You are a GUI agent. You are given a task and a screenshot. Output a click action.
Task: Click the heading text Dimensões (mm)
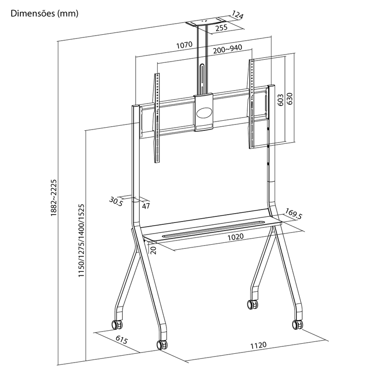44,13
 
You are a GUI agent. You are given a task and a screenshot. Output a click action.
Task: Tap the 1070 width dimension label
185,45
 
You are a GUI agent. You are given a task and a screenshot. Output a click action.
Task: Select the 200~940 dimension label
228,49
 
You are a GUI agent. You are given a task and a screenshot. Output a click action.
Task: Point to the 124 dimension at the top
237,15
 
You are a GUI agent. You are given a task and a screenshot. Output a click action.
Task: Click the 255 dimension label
222,28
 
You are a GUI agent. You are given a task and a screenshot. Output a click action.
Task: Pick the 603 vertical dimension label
280,100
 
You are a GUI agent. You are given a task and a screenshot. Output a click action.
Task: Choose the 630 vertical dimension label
290,99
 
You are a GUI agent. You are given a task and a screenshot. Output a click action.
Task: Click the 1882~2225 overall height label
54,198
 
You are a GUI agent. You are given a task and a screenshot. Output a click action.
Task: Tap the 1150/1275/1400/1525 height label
81,240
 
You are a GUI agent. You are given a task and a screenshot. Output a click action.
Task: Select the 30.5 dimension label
116,202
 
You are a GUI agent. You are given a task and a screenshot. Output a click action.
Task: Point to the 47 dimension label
146,206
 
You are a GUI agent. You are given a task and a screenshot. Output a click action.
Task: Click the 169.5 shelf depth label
294,214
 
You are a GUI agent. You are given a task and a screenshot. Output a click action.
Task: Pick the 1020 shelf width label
235,237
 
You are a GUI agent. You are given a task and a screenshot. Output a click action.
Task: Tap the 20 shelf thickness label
154,250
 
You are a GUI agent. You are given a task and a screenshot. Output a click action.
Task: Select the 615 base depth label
122,339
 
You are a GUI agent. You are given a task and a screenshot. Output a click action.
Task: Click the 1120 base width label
258,345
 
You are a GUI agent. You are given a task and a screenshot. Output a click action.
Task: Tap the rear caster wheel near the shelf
252,304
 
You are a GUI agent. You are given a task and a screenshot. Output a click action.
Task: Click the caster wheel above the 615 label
117,325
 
